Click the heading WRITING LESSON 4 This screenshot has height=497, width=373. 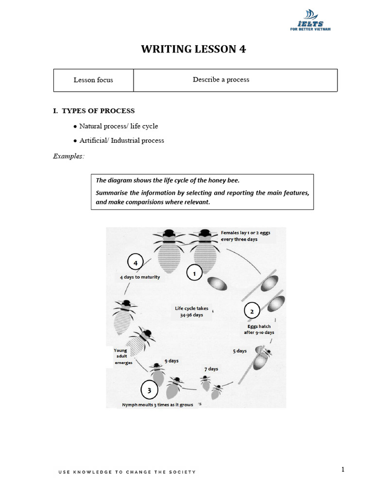tap(190, 50)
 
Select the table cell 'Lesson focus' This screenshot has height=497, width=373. tap(93, 80)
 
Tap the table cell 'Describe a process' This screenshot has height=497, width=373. tap(221, 80)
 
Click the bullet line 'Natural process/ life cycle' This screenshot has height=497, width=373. tap(119, 126)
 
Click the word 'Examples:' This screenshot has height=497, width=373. tap(68, 156)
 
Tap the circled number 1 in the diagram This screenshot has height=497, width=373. tap(194, 274)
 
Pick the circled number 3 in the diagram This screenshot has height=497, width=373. tap(150, 389)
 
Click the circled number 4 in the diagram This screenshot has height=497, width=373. tap(136, 263)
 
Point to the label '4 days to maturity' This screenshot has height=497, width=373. tap(140, 278)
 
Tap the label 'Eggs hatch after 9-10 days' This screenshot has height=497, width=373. tap(259, 330)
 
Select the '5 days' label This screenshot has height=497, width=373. tap(239, 350)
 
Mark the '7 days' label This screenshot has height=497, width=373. tap(211, 369)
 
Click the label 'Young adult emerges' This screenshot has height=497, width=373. tap(120, 357)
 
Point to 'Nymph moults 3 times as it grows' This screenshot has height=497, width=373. tap(158, 405)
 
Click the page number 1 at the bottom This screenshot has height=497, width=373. tap(343, 469)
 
